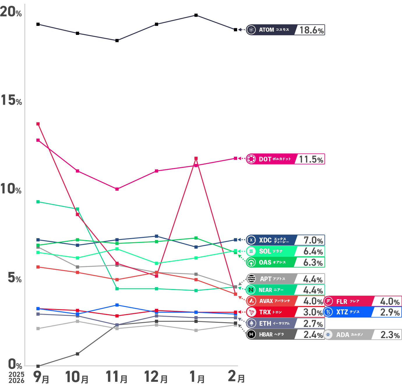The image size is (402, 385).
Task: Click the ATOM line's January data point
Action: click(196, 15)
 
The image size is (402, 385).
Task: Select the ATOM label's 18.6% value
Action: click(311, 30)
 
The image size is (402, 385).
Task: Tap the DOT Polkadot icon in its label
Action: click(251, 159)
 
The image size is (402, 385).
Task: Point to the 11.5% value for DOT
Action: click(311, 159)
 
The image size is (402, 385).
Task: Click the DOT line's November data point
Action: click(117, 189)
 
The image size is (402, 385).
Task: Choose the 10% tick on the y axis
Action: click(11, 189)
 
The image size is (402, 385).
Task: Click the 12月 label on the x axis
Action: click(156, 377)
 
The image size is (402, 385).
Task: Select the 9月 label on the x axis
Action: click(41, 377)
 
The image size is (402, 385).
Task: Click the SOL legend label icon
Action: click(251, 251)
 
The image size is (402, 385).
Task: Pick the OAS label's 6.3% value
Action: click(313, 263)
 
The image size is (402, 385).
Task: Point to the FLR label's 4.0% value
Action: click(390, 302)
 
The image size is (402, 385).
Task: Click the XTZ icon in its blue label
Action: click(328, 312)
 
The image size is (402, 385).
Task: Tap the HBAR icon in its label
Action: click(251, 334)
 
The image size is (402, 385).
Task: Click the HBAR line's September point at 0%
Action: click(38, 366)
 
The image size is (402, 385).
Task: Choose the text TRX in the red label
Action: click(265, 312)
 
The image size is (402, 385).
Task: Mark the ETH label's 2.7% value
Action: click(313, 324)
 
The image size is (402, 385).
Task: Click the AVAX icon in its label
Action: click(251, 301)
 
